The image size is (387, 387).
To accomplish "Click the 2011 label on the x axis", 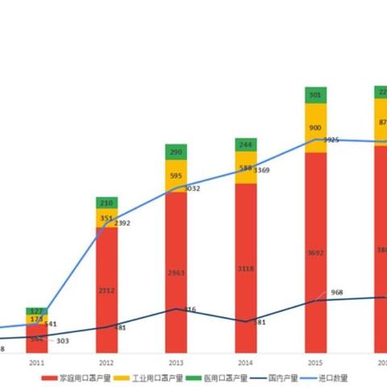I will pyautogui.click(x=36, y=364).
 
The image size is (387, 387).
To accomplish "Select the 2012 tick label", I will pyautogui.click(x=106, y=364).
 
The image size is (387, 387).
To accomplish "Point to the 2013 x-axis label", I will pyautogui.click(x=176, y=364).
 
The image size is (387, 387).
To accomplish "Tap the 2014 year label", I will pyautogui.click(x=246, y=364).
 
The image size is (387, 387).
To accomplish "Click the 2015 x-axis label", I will pyautogui.click(x=315, y=364).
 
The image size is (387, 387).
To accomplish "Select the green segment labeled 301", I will pyautogui.click(x=315, y=95).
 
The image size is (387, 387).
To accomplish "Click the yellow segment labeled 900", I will pyautogui.click(x=315, y=127).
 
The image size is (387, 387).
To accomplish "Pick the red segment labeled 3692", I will pyautogui.click(x=315, y=252).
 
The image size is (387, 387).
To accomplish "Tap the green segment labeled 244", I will pyautogui.click(x=246, y=144).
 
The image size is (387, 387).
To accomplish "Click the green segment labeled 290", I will pyautogui.click(x=176, y=152).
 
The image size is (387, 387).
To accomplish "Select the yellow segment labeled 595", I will pyautogui.click(x=176, y=176).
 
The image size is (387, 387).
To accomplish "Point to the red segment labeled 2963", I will pyautogui.click(x=176, y=273).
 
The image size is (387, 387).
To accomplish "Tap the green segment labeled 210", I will pyautogui.click(x=106, y=202).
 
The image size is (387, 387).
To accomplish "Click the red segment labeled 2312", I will pyautogui.click(x=106, y=290).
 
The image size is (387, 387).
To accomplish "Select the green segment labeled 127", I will pyautogui.click(x=36, y=310).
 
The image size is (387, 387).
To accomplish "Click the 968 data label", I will pyautogui.click(x=337, y=292).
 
